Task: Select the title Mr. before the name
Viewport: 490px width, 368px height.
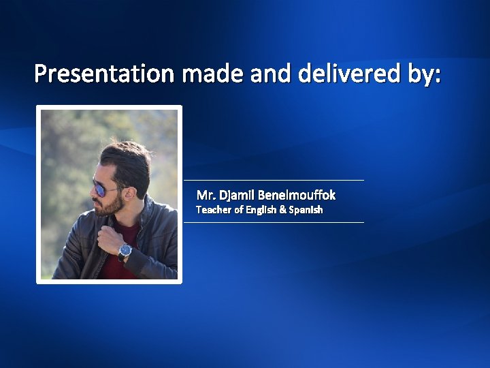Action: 206,196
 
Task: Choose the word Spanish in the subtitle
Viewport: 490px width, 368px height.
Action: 306,210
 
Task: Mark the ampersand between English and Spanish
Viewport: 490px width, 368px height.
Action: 282,210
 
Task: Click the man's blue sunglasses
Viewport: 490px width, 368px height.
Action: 104,189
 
